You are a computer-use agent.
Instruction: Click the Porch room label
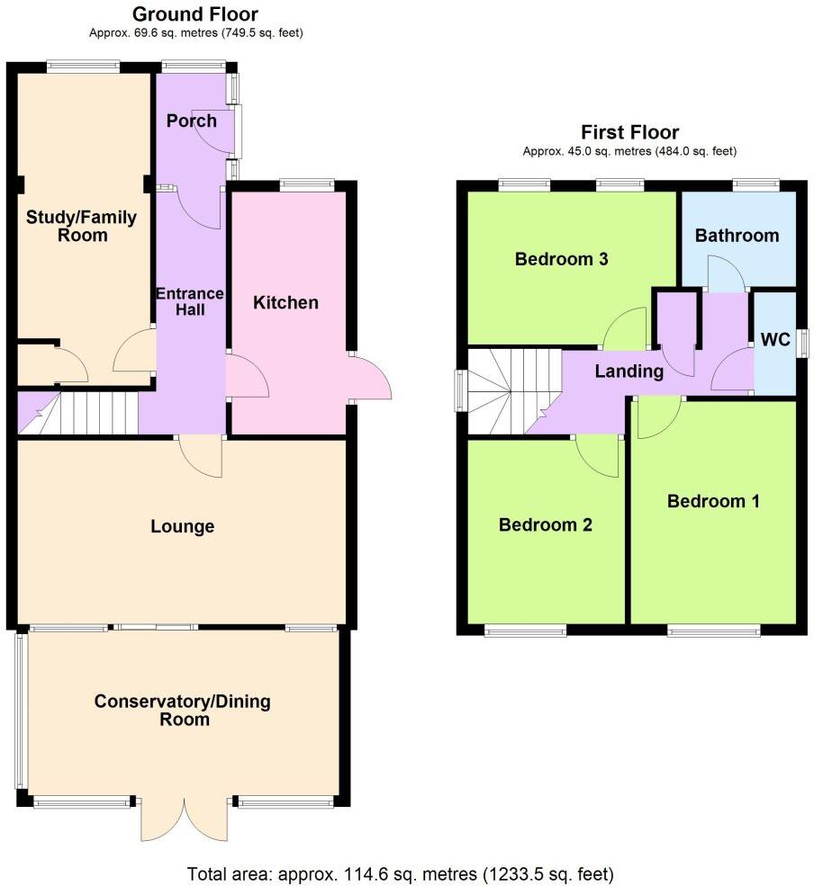(x=192, y=120)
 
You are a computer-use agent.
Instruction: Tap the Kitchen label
(x=285, y=302)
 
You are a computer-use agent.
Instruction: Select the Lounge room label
(x=182, y=526)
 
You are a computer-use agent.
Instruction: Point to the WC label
(x=775, y=340)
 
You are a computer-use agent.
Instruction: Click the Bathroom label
(x=737, y=236)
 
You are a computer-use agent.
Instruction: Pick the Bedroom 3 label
(x=562, y=260)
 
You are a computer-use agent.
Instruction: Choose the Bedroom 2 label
(x=546, y=525)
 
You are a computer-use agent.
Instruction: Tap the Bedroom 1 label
(x=713, y=501)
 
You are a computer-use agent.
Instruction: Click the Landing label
(x=629, y=371)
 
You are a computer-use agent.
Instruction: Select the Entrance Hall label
(x=190, y=301)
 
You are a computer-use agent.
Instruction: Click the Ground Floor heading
(x=194, y=14)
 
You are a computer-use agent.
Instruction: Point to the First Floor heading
(x=629, y=132)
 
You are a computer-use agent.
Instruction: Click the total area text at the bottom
(x=401, y=873)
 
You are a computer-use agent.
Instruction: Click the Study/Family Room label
(x=80, y=226)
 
